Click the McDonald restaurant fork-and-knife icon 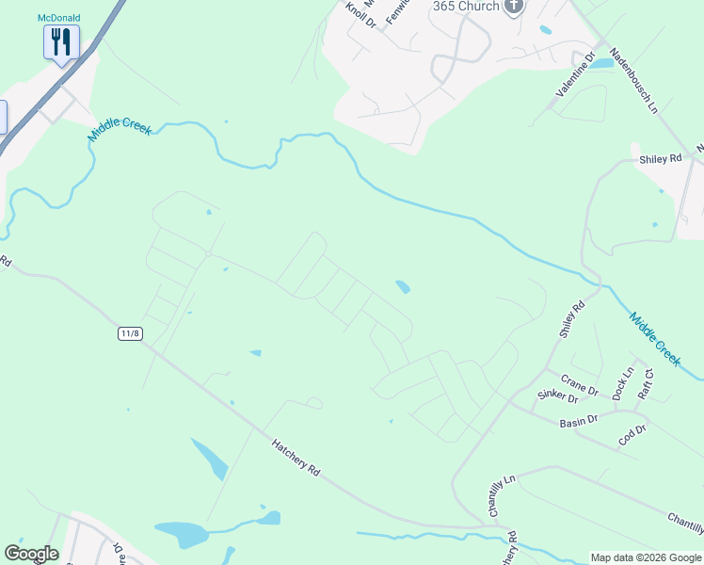point(61,42)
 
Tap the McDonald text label point(59,18)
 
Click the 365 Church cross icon point(513,8)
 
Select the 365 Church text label point(466,7)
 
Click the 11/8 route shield point(130,333)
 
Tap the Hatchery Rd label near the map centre point(296,458)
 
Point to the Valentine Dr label point(576,75)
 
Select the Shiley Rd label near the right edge point(660,159)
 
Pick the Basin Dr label point(579,420)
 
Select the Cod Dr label point(633,433)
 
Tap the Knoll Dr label point(360,17)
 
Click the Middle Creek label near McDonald point(119,131)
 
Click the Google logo point(31,554)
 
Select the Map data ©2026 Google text point(646,557)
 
